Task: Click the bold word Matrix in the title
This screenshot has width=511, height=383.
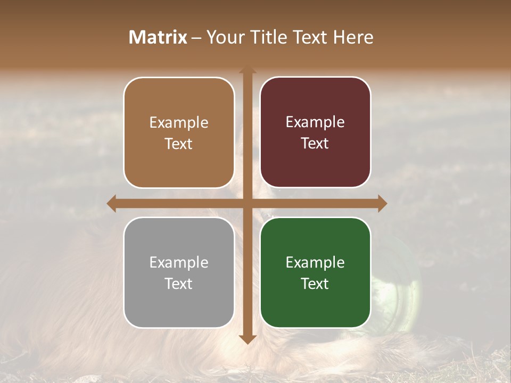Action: [158, 37]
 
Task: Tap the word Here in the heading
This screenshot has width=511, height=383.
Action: [353, 37]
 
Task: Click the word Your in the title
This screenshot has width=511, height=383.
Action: [224, 37]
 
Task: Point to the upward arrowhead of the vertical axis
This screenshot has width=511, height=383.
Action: [248, 71]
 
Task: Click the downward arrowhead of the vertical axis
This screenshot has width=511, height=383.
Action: [248, 339]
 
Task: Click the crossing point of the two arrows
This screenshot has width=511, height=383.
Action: [248, 203]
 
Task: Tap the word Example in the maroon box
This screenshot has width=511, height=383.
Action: [315, 122]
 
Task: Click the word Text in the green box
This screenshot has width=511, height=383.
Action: [315, 284]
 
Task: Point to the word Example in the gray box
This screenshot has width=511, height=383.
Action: [179, 262]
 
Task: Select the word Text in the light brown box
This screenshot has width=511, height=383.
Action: [179, 144]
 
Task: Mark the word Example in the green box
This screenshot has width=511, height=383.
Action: [315, 262]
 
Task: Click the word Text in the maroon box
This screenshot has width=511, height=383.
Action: [315, 144]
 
